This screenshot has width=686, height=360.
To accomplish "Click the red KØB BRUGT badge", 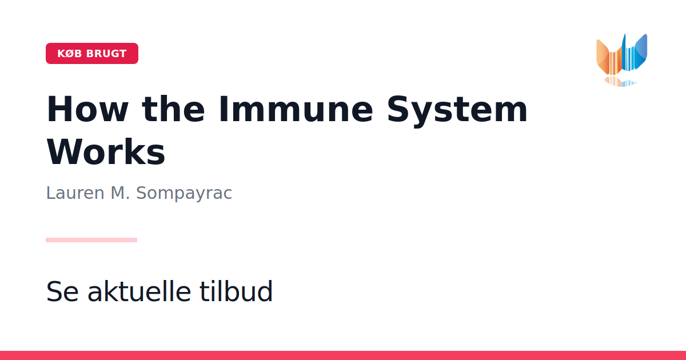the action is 92,53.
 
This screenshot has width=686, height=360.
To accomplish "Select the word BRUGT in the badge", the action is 106,54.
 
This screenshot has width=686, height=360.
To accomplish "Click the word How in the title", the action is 87,109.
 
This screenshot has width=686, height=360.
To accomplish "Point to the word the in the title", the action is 173,109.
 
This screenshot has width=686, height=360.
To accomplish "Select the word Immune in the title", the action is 296,109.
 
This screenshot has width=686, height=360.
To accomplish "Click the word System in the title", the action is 457,111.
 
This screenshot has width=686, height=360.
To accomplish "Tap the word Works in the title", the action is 106,152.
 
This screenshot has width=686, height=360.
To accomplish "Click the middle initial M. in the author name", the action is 120,193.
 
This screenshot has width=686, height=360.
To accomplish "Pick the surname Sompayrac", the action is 184,194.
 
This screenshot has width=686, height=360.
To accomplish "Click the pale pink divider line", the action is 91,240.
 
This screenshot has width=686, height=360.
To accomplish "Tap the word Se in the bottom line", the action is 62,291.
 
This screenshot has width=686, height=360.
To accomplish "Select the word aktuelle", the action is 139,291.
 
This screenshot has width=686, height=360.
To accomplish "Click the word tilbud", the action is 236,291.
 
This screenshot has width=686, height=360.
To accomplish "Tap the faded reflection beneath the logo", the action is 620,81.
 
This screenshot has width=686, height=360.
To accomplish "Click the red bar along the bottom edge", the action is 343,355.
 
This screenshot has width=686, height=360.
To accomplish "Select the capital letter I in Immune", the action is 224,109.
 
